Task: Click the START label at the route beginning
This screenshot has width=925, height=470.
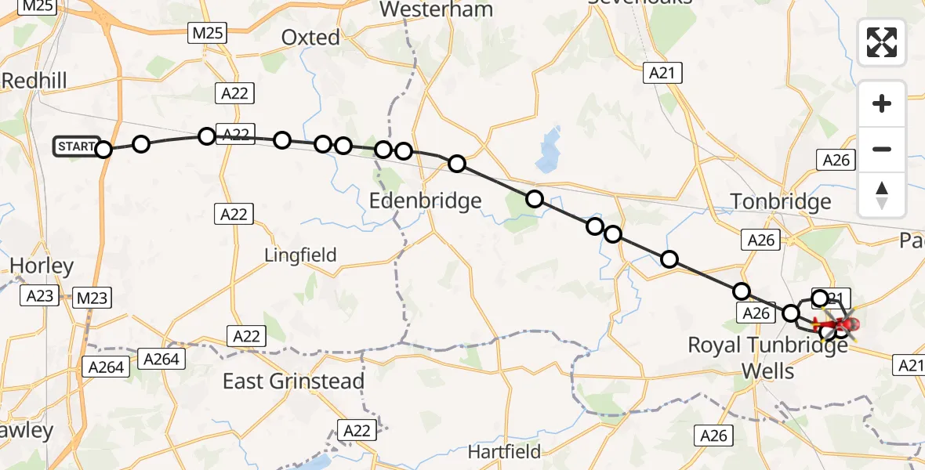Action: tap(76, 146)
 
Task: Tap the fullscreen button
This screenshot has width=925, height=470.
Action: tap(882, 42)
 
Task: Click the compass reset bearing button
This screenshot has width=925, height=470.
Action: tap(882, 194)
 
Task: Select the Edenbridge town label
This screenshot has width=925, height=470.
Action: tap(425, 201)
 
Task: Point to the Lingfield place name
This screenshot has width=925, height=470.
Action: tap(300, 255)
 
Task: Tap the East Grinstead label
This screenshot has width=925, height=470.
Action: tap(293, 381)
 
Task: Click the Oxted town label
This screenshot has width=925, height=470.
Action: tap(310, 38)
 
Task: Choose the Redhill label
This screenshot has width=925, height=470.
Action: tap(34, 80)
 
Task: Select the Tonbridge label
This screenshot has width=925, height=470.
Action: tap(781, 202)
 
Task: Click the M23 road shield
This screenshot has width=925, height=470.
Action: tap(92, 298)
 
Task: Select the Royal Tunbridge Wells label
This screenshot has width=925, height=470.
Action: tap(767, 356)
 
